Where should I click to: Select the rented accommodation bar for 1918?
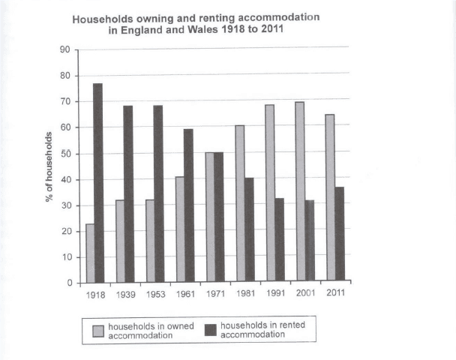point(97,183)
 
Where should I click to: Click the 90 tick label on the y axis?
point(64,50)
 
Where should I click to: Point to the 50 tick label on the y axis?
point(64,154)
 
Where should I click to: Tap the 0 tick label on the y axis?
point(67,283)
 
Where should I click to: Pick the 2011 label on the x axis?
point(336,293)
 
